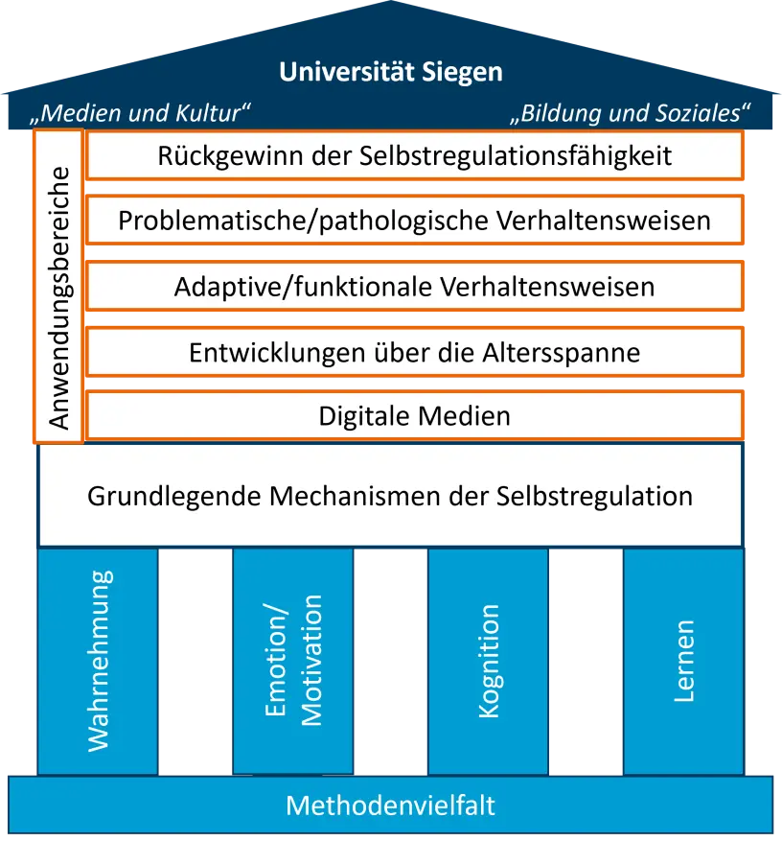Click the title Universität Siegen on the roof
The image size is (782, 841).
click(390, 72)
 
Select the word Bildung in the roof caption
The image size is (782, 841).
click(560, 113)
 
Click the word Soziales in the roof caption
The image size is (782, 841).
click(695, 113)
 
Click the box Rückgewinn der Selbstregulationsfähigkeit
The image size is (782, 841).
click(415, 155)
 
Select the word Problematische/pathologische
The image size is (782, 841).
click(303, 221)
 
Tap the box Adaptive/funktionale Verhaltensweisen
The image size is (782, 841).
click(415, 286)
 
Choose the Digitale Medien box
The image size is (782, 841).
click(415, 416)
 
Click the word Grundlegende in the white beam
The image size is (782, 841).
click(174, 496)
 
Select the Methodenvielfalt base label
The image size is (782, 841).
click(390, 805)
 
